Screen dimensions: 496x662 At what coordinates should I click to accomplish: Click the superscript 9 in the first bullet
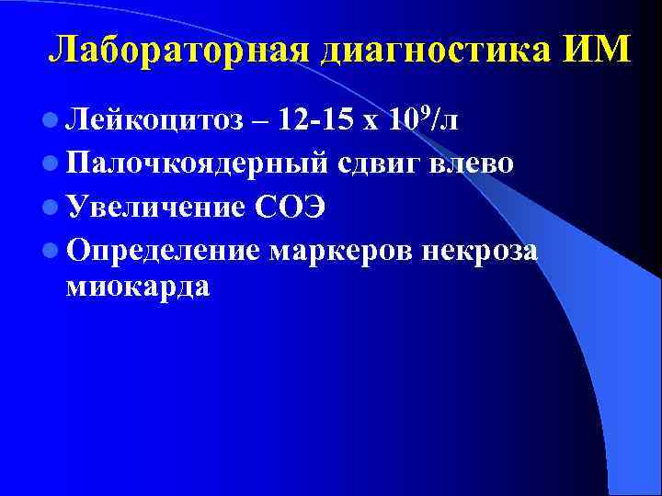click(425, 111)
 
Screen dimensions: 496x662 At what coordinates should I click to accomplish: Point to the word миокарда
click(138, 287)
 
